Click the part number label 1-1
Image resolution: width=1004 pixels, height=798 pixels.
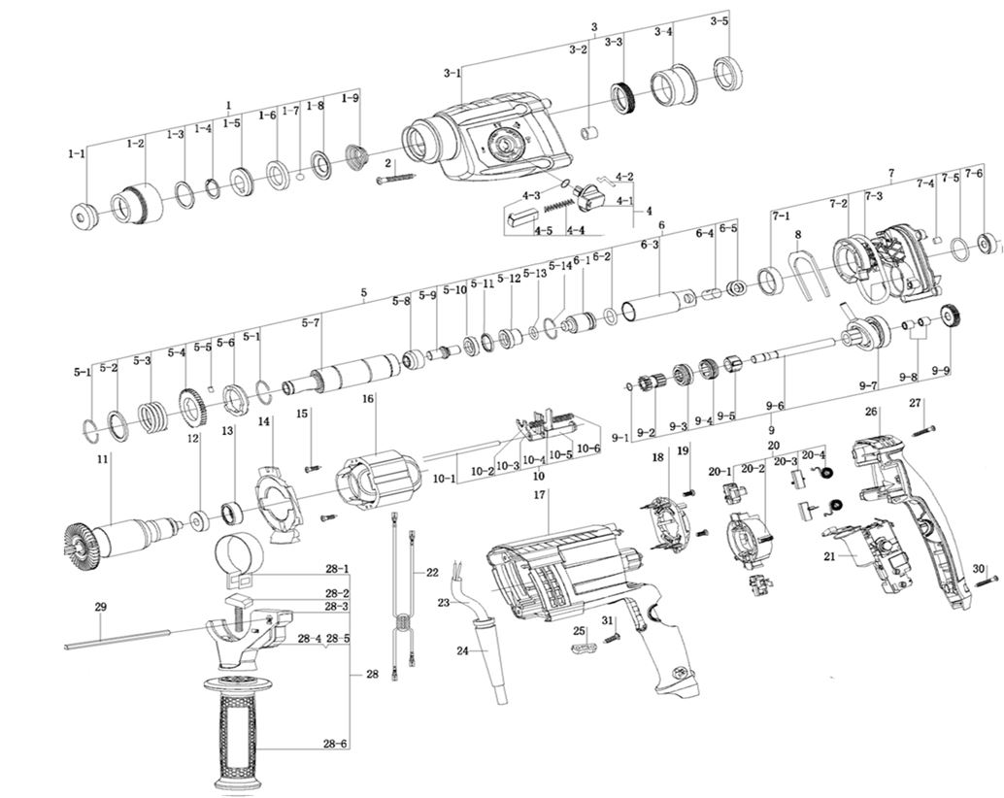[x=77, y=153]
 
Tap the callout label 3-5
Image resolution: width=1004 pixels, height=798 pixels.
[x=719, y=20]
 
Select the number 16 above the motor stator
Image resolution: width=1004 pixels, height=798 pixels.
[x=369, y=398]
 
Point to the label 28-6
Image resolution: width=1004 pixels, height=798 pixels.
[x=337, y=745]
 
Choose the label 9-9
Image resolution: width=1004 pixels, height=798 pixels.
[x=940, y=371]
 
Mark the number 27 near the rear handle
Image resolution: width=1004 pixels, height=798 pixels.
[x=915, y=402]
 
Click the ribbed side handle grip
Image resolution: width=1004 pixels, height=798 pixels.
[x=238, y=728]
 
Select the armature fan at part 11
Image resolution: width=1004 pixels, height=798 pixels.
[x=74, y=540]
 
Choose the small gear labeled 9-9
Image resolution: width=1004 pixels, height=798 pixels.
[x=951, y=316]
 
